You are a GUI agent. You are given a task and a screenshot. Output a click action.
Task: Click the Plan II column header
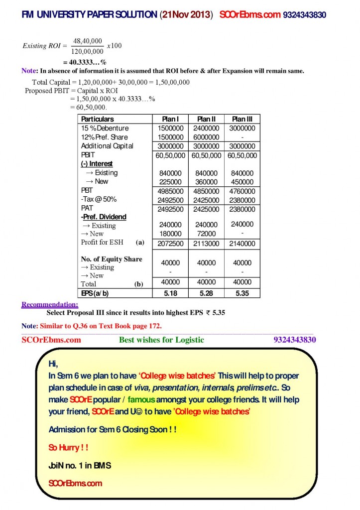pyautogui.click(x=207, y=119)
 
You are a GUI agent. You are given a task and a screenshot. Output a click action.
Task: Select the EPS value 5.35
pyautogui.click(x=242, y=293)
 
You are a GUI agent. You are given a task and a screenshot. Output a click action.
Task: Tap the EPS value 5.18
pyautogui.click(x=170, y=293)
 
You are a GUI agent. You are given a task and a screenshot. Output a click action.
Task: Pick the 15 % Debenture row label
pyautogui.click(x=105, y=128)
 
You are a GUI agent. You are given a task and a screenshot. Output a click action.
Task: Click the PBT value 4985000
pyautogui.click(x=170, y=191)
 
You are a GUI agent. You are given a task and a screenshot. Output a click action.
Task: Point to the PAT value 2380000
pyautogui.click(x=242, y=209)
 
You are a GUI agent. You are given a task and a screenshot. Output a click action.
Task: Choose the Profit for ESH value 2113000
pyautogui.click(x=207, y=244)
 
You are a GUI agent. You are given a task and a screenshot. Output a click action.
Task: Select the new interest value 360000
pyautogui.click(x=207, y=181)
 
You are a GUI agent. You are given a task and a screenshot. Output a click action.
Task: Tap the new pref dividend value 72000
pyautogui.click(x=207, y=234)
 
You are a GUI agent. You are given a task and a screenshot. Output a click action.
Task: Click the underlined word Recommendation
pyautogui.click(x=50, y=304)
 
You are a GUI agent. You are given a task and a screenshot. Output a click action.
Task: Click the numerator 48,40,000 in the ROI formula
pyautogui.click(x=88, y=41)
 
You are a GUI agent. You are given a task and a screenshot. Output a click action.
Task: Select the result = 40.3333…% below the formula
pyautogui.click(x=85, y=62)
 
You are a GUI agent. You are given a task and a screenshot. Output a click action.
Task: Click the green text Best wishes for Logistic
pyautogui.click(x=161, y=340)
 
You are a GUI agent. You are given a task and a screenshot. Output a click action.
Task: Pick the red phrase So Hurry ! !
pyautogui.click(x=68, y=447)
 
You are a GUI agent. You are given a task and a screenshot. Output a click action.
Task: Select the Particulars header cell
pyautogui.click(x=98, y=119)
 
